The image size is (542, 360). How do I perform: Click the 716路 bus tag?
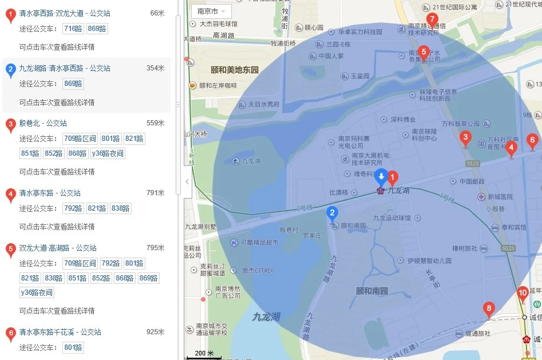73,29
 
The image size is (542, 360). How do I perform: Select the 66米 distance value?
157,13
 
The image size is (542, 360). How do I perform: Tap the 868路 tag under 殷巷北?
78,153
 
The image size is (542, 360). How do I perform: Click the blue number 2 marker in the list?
10,70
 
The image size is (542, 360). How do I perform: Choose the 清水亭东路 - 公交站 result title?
50,193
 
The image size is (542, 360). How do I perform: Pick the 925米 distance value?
155,332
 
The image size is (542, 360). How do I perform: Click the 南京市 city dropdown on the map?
211,11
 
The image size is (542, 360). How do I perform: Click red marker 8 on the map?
488,310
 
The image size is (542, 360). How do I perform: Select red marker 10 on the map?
522,294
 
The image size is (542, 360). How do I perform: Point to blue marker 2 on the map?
331,214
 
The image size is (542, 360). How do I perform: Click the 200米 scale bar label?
203,353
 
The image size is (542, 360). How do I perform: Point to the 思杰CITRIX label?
257,271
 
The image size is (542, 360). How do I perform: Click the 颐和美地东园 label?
235,70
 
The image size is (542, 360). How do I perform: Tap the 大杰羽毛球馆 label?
218,24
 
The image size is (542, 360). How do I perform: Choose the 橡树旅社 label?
464,248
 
